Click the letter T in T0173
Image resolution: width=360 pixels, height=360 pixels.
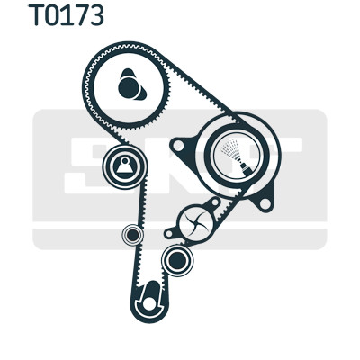click(x=37, y=15)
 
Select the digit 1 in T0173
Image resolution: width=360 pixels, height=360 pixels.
click(x=68, y=15)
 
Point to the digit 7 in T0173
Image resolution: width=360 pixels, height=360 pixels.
click(x=81, y=15)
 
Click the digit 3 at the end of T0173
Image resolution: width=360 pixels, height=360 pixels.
click(x=96, y=15)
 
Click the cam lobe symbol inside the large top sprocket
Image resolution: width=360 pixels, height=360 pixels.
click(x=131, y=85)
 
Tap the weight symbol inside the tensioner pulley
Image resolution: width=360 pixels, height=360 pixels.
click(x=124, y=166)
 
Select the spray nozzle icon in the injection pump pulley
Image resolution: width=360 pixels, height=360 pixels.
click(x=236, y=155)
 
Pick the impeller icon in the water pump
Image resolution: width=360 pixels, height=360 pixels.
click(x=196, y=222)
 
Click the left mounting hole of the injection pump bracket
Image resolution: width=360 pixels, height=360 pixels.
click(x=179, y=146)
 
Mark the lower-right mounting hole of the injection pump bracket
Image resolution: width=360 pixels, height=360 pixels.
click(x=265, y=203)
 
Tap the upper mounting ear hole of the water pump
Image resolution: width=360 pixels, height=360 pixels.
click(x=215, y=202)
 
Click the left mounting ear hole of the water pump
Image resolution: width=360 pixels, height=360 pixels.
click(x=169, y=233)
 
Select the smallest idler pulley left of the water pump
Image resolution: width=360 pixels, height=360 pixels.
click(x=133, y=236)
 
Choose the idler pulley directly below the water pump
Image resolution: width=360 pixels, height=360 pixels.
click(x=177, y=260)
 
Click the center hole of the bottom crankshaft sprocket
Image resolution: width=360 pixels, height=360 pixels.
click(x=149, y=303)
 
